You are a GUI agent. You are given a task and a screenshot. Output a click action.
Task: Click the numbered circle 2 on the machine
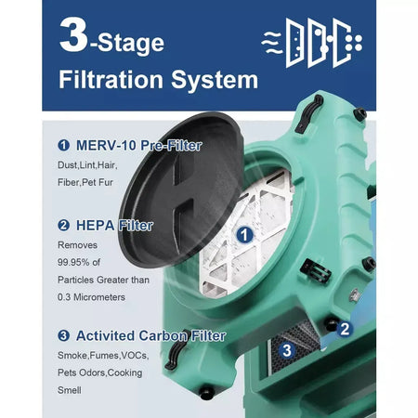coord(343,327)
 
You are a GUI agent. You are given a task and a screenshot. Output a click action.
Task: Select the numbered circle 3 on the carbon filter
coord(287,350)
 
